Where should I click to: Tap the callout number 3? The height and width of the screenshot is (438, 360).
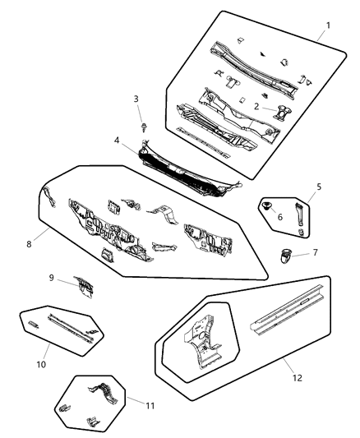[136, 99]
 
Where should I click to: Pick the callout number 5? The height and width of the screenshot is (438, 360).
[318, 187]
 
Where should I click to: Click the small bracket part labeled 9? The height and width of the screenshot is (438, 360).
[84, 285]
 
